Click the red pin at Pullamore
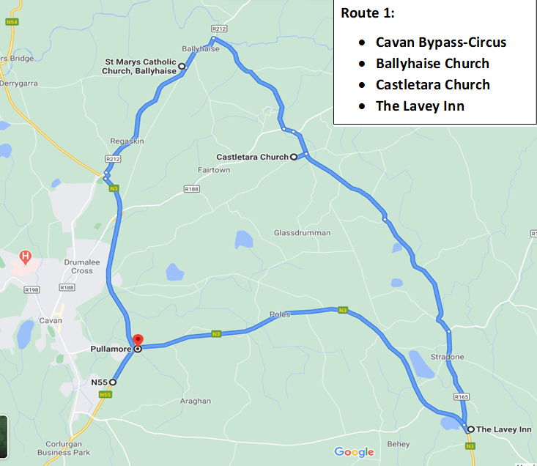point(137,341)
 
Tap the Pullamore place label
point(111,349)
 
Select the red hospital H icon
point(26,256)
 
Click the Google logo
point(354,452)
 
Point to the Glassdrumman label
point(302,233)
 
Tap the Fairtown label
point(214,170)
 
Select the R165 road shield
point(461,397)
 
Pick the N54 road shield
point(11,23)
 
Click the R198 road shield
point(32,290)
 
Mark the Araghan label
point(195,401)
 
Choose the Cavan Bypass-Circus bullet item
point(441,42)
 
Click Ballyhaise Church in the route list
point(432,63)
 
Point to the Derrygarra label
point(21,84)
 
